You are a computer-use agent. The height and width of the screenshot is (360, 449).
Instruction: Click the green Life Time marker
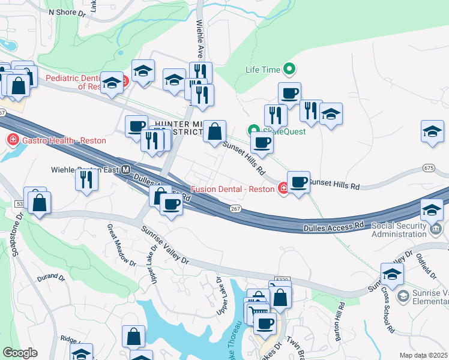[x=291, y=70]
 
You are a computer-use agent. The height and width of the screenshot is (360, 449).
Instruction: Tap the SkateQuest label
[x=285, y=131]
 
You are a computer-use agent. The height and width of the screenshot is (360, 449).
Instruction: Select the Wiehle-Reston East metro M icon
[x=126, y=170]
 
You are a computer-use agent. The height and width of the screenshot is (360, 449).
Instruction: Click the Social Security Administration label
[x=402, y=230]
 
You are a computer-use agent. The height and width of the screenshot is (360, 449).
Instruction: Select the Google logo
[x=20, y=352]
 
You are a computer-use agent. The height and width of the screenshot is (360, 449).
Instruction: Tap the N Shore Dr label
[x=67, y=11]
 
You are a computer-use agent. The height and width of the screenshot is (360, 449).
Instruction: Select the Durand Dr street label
[x=50, y=278]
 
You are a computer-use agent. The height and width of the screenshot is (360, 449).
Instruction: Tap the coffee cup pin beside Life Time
[x=289, y=93]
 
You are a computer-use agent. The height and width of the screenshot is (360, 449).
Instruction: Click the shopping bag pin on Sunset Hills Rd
[x=214, y=131]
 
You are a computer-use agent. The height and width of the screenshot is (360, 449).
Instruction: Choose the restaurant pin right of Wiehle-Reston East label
[x=87, y=178]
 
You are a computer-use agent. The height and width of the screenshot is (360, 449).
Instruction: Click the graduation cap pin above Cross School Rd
[x=392, y=274]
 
